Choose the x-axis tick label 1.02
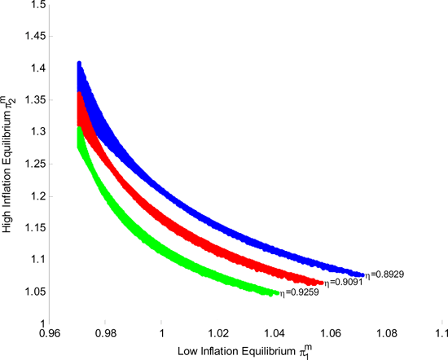coord(218,334)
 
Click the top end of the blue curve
coord(79,64)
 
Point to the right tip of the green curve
coord(278,292)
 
